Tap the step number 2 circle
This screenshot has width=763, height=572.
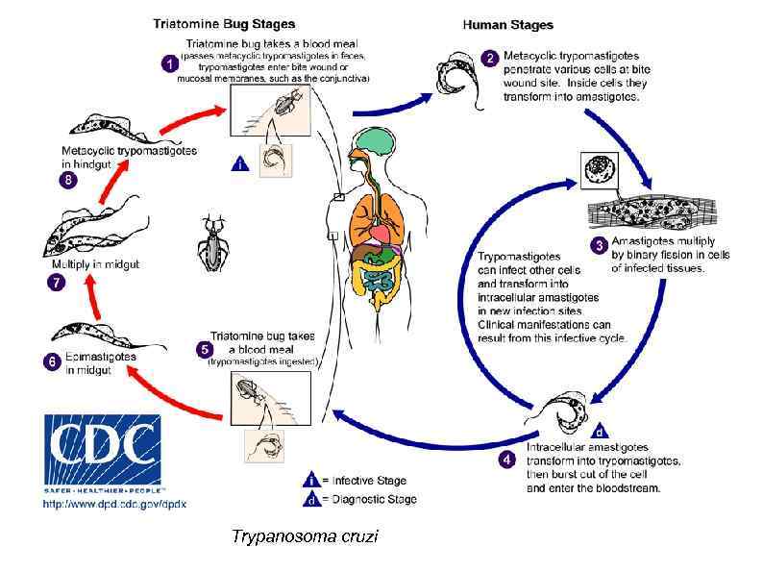(490, 59)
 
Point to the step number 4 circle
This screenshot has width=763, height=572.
(508, 460)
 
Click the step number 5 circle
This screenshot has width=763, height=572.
(203, 348)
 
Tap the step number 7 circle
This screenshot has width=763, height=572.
(56, 283)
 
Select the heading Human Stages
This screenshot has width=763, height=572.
(507, 24)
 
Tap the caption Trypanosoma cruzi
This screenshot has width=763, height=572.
(305, 536)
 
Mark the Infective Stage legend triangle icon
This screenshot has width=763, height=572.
(310, 480)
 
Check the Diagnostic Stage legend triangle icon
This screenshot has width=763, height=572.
(310, 499)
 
